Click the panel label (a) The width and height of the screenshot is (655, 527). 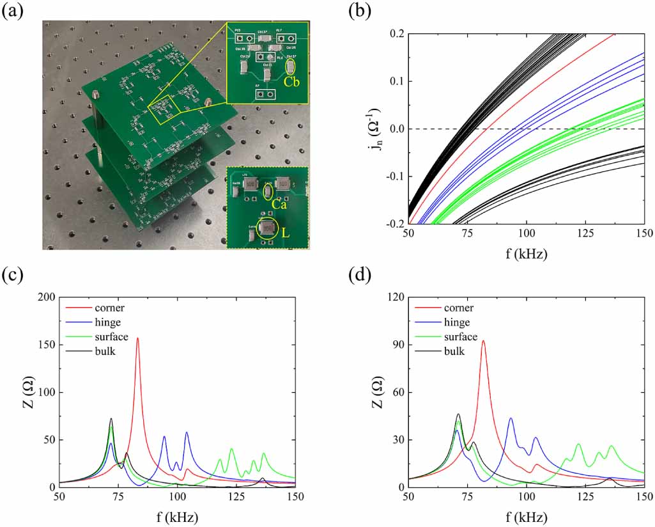pyautogui.click(x=13, y=11)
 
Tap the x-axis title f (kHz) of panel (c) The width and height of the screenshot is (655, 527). pyautogui.click(x=177, y=515)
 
